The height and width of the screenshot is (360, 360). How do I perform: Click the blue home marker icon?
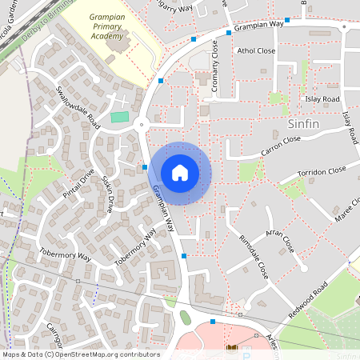tap(180, 173)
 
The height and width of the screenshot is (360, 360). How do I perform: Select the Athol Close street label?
tap(256, 50)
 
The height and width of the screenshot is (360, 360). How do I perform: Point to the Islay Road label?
tap(322, 99)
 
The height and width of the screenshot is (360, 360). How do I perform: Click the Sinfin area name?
tap(302, 125)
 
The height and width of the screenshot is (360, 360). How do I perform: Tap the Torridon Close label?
tap(322, 172)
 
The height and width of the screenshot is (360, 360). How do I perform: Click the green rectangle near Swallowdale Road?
tap(119, 117)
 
